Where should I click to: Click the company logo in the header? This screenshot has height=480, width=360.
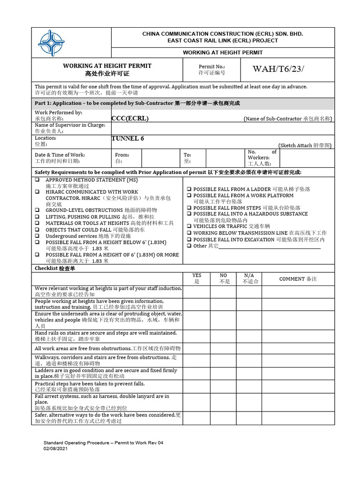(52, 43)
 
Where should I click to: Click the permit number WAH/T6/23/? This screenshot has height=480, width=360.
(278, 69)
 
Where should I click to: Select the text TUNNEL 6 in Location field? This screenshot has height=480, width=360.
(127, 138)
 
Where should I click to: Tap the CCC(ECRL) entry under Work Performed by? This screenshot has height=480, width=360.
(130, 119)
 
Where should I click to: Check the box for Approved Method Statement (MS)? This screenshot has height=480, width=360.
(37, 180)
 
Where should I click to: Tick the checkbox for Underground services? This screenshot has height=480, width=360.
(37, 236)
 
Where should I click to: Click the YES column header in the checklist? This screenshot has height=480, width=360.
(196, 278)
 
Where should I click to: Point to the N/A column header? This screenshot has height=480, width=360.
(249, 278)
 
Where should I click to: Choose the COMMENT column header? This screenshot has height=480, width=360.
(298, 279)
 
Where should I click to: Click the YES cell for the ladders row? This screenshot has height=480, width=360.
(196, 373)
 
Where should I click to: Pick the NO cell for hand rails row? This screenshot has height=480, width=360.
(223, 336)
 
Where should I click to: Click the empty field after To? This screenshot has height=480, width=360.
(225, 158)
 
